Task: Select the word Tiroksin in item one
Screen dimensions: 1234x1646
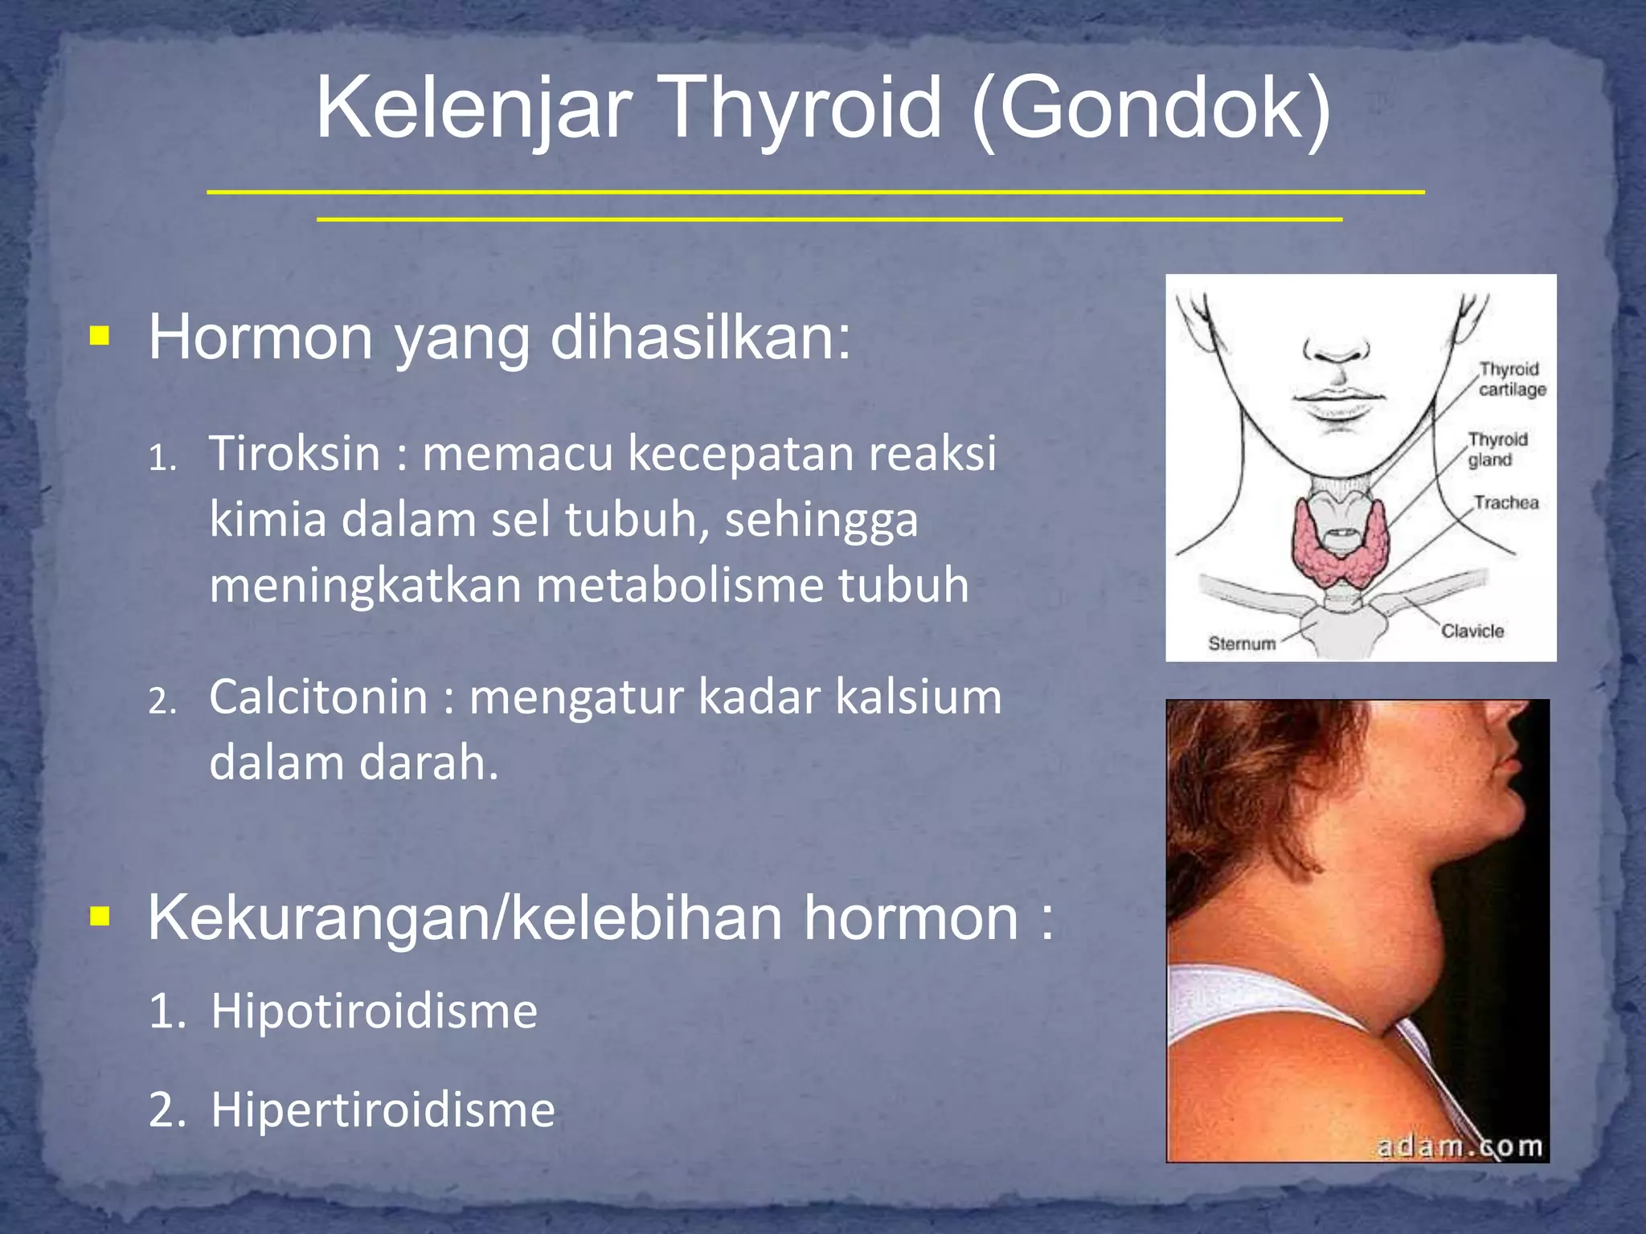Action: (294, 453)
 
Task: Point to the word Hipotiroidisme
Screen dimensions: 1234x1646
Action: (374, 1011)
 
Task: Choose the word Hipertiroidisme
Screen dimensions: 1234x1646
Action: (383, 1110)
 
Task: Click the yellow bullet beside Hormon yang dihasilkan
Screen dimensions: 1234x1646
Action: (100, 335)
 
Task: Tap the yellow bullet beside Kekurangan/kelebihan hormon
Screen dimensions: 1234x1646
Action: (100, 915)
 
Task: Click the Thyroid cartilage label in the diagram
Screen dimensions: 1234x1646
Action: (1512, 379)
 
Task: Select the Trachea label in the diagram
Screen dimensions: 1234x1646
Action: (1505, 503)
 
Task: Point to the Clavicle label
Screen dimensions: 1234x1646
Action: (1472, 631)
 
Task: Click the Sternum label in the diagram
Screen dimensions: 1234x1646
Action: (1242, 644)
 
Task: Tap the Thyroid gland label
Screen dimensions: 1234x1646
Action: (1497, 450)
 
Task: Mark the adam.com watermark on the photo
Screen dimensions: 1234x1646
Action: (1460, 1146)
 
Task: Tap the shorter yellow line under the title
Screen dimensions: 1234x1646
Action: (829, 219)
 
